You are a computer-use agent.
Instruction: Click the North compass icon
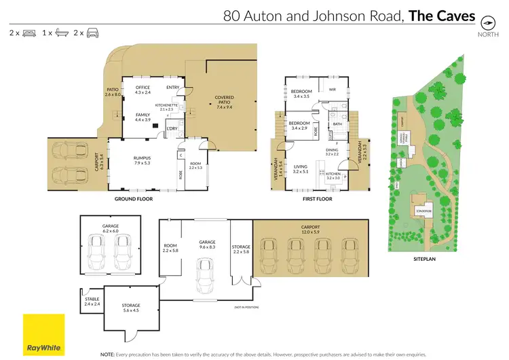[x=487, y=21]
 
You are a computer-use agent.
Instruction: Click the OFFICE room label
[x=143, y=88]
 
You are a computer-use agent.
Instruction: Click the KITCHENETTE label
[x=166, y=105]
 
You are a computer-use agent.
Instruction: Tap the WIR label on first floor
[x=333, y=89]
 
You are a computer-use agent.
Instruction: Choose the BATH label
[x=337, y=124]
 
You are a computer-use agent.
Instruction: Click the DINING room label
[x=331, y=150]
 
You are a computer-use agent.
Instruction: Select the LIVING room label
[x=299, y=166]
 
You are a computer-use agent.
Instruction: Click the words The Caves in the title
[x=440, y=15]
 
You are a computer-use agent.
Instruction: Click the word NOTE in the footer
[x=108, y=354]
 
